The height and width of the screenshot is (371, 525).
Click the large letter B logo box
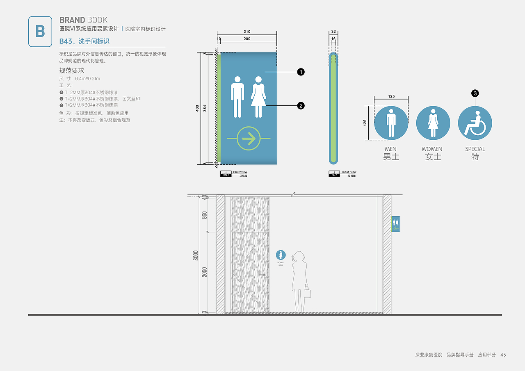click(x=40, y=32)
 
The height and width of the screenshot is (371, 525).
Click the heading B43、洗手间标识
click(x=84, y=41)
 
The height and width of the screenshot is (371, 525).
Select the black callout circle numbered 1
click(x=301, y=72)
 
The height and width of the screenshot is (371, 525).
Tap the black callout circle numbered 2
click(x=301, y=106)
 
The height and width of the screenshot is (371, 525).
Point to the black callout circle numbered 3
click(x=475, y=93)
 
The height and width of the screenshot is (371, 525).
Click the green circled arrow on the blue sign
click(x=249, y=139)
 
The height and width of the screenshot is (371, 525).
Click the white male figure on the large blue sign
click(x=237, y=97)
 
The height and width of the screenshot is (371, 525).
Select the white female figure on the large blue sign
click(x=258, y=97)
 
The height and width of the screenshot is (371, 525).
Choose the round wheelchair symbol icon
click(x=475, y=123)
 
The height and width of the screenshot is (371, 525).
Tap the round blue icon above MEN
click(x=391, y=123)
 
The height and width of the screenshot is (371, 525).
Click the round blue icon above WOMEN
click(x=433, y=123)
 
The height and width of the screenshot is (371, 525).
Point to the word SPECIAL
click(x=475, y=149)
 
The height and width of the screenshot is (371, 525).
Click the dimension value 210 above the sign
click(x=247, y=32)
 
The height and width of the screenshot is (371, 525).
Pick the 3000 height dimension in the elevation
click(x=196, y=255)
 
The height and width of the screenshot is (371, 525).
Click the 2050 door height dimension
click(x=204, y=272)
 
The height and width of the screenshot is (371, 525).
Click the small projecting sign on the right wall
click(x=395, y=224)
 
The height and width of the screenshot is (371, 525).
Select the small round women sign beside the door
click(x=281, y=255)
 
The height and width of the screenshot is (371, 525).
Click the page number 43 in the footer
click(x=503, y=355)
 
